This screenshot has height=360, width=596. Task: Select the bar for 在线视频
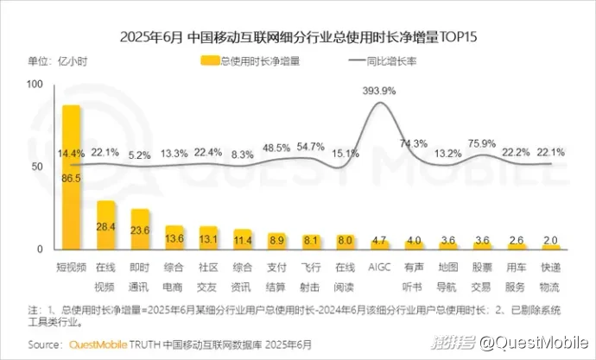[106, 225]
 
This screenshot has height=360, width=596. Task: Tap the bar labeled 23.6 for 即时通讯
[140, 230]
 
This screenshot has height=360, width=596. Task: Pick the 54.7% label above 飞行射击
[310, 146]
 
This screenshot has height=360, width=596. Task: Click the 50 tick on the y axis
[37, 166]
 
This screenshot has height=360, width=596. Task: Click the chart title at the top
[298, 37]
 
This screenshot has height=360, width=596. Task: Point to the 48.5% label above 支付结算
[276, 148]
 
